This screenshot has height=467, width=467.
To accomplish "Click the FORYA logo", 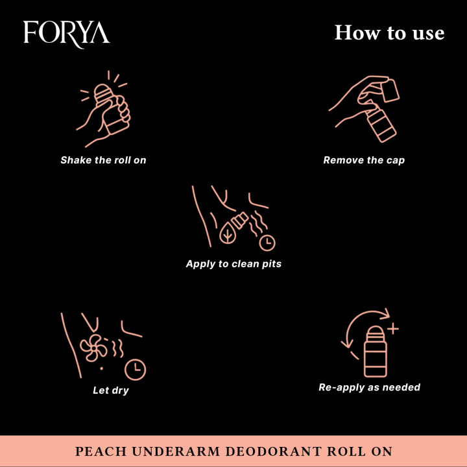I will [x=66, y=32].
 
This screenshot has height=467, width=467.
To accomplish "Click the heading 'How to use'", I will [x=389, y=32].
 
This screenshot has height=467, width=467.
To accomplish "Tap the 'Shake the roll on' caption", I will [x=103, y=160].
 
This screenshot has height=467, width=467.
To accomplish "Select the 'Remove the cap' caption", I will [x=364, y=160].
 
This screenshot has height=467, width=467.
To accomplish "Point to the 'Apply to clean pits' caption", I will [x=233, y=264].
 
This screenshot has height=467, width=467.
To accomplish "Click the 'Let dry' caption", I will [x=111, y=390].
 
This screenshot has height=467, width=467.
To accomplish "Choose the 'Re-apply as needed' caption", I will [x=370, y=387].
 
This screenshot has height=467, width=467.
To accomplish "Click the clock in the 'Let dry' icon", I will [x=136, y=370].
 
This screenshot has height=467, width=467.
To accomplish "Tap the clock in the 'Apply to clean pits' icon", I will [x=267, y=243].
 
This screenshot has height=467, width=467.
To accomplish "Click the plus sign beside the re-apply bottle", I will [x=392, y=329].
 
